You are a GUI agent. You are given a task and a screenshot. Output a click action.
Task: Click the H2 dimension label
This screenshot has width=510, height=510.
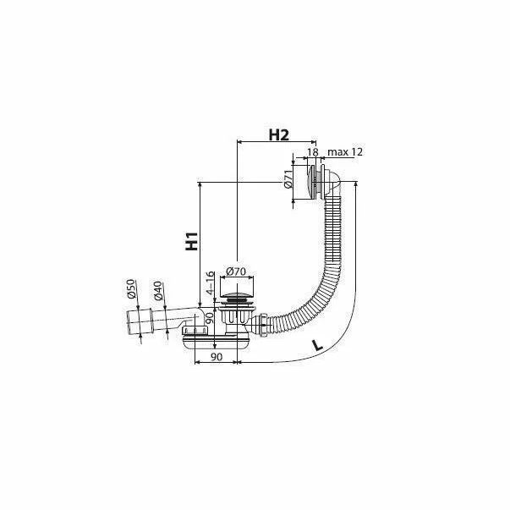[278, 135]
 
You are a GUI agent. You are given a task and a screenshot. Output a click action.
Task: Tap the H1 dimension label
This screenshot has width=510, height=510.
[192, 241]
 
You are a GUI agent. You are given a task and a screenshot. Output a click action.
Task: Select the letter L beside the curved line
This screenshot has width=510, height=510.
[317, 345]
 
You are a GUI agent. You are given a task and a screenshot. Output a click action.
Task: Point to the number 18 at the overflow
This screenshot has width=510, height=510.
[312, 152]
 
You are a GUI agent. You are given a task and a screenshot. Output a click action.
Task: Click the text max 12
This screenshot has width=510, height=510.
[345, 152]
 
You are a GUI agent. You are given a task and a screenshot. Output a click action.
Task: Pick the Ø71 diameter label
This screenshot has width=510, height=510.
[288, 179]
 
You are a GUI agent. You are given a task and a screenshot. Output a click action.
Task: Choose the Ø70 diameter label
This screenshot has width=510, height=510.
[236, 271]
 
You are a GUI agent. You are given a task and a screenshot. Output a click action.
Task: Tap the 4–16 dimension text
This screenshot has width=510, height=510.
[211, 282]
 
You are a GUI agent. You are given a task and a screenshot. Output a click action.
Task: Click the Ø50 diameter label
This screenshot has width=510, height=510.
[131, 288]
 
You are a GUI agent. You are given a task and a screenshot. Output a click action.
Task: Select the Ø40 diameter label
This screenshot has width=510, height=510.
[157, 290]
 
